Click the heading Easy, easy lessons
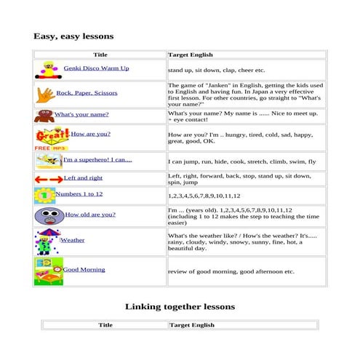pos(73,36)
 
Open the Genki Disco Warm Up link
pos(96,68)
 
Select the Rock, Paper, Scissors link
pos(87,93)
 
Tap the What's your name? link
pos(81,114)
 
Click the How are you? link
pos(90,134)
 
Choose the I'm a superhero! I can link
pos(97,160)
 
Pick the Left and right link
pos(83,178)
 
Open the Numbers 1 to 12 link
pos(79,194)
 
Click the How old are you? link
pos(90,215)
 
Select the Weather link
pos(72,240)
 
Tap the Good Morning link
pos(84,270)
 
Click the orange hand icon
pos(44,93)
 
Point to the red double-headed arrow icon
pos(48,179)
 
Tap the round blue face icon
pos(48,216)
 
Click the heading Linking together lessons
pos(180,307)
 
